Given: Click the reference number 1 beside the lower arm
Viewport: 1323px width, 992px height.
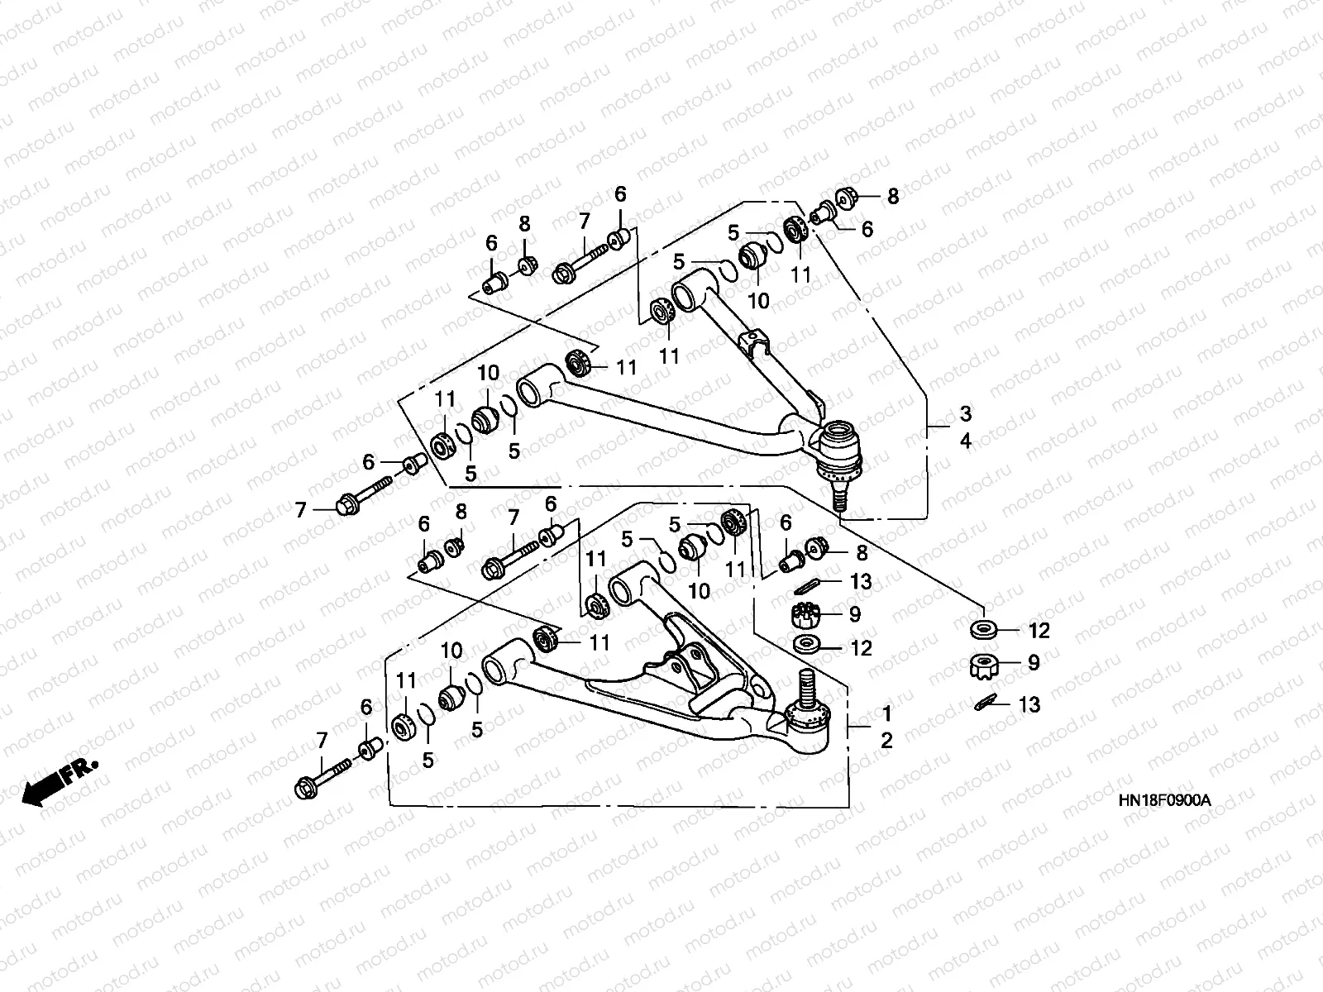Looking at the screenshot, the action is point(886,713).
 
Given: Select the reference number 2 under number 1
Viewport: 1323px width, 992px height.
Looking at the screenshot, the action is point(886,740).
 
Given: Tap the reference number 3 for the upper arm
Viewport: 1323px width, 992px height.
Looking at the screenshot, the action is point(966,414).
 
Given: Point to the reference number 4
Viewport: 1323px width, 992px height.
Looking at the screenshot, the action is point(966,441).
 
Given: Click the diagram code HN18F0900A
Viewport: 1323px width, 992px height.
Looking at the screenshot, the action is point(1164,800).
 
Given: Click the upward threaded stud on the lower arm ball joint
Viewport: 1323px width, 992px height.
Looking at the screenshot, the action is point(806,686).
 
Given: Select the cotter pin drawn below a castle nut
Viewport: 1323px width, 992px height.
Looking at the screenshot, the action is point(986,703).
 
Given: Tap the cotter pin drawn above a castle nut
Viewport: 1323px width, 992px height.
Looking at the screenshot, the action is point(806,584).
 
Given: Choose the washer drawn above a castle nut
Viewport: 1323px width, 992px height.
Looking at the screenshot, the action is point(984,630).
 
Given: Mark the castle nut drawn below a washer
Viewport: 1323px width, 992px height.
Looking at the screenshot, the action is point(985,665).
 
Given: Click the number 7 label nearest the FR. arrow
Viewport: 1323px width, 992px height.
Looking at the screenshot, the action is point(322,740).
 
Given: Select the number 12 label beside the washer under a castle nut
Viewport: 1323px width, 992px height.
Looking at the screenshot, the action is point(862,648).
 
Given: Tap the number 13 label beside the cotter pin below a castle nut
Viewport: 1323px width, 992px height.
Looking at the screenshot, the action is point(1029,704).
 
